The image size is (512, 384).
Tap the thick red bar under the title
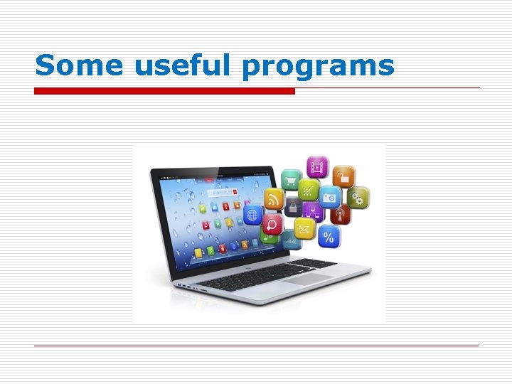pyautogui.click(x=164, y=91)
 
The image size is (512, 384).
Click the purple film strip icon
pyautogui.click(x=317, y=168)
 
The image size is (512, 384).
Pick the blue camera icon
pyautogui.click(x=329, y=197)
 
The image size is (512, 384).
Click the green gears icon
pyautogui.click(x=359, y=198)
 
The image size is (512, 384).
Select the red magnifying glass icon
pyautogui.click(x=272, y=225)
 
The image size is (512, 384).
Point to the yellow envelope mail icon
pyautogui.click(x=306, y=230)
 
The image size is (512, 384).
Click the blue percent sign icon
pyautogui.click(x=329, y=236)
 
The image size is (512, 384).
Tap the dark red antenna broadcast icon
pyautogui.click(x=340, y=213)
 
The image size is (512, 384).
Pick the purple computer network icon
pyautogui.click(x=313, y=211)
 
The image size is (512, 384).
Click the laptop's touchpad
pyautogui.click(x=306, y=279)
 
